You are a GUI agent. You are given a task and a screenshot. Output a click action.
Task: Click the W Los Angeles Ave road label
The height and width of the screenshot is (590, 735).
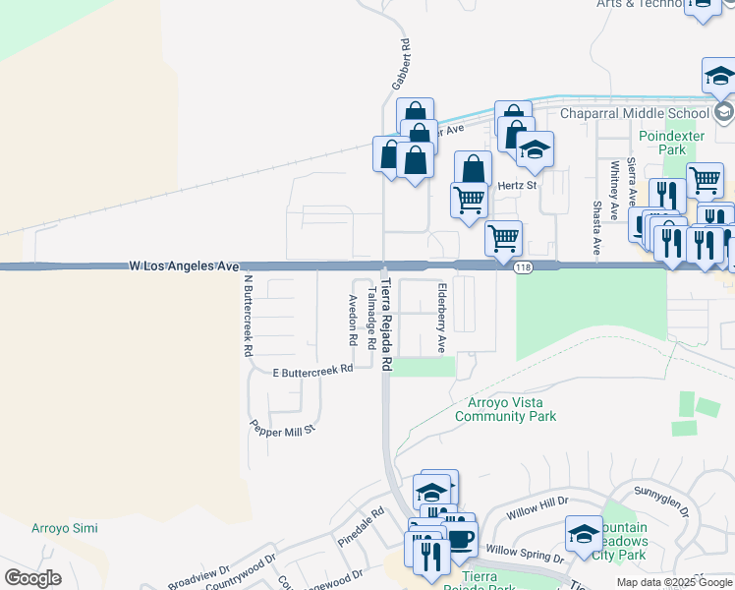coord(185,266)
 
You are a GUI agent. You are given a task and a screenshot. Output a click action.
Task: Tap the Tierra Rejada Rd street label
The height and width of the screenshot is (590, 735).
coord(386,324)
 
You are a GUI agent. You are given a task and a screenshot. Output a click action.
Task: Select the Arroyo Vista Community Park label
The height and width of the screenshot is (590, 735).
coord(506,409)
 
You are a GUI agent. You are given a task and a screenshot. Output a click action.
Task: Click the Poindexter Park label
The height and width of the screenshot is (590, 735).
coord(661,143)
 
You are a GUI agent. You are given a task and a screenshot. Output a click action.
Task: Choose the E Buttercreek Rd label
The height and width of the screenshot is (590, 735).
coord(312,371)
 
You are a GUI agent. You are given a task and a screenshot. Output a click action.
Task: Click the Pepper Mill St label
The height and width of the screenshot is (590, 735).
coord(282,429)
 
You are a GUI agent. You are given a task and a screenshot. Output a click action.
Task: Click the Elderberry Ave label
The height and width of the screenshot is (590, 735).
coord(442,318)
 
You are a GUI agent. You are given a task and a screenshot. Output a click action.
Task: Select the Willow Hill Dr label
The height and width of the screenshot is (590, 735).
coord(537,507)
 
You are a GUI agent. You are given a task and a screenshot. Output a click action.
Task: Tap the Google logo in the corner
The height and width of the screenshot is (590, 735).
coord(32,578)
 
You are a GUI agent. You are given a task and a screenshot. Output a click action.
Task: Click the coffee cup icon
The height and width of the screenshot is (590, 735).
coord(459,542)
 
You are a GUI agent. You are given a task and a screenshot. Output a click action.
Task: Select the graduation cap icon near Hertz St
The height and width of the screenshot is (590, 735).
coord(536,149)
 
